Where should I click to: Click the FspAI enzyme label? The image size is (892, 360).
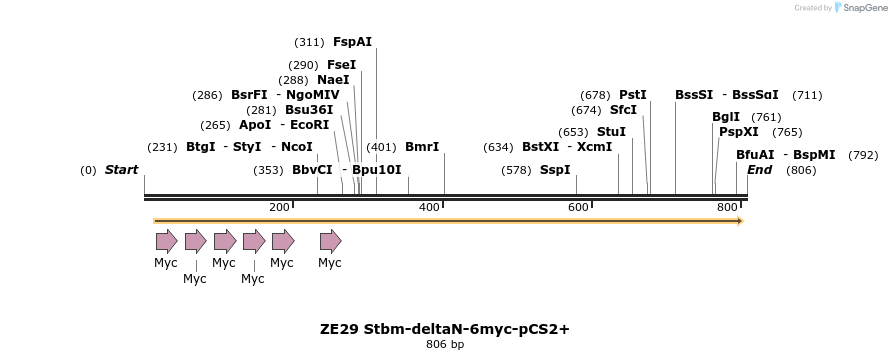pyautogui.click(x=352, y=42)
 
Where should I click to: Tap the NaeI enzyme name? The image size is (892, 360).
pyautogui.click(x=333, y=80)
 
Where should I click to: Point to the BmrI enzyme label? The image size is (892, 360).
pyautogui.click(x=422, y=147)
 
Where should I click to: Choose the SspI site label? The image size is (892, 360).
pyautogui.click(x=555, y=170)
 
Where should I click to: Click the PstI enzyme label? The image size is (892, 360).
pyautogui.click(x=633, y=95)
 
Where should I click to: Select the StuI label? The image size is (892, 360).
pyautogui.click(x=611, y=132)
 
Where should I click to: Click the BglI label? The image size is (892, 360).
pyautogui.click(x=726, y=117)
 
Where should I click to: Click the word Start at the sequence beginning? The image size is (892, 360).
pyautogui.click(x=121, y=170)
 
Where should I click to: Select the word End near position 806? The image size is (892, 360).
pyautogui.click(x=759, y=170)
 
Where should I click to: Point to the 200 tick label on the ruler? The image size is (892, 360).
pyautogui.click(x=279, y=207)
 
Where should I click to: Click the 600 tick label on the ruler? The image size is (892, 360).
pyautogui.click(x=578, y=207)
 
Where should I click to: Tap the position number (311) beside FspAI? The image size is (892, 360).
pyautogui.click(x=309, y=42)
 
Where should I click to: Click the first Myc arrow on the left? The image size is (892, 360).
pyautogui.click(x=166, y=241)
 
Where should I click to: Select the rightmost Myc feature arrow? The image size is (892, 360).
pyautogui.click(x=330, y=241)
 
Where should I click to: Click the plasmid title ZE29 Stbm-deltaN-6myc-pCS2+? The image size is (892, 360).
pyautogui.click(x=445, y=328)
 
